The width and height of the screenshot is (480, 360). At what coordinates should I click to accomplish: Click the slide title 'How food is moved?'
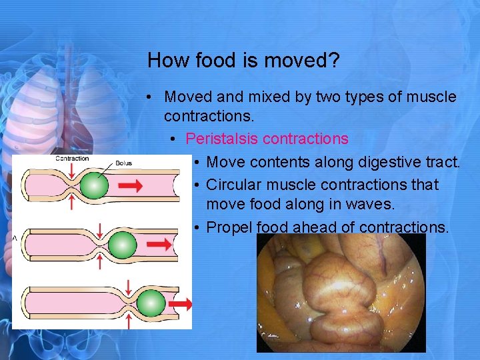(x=243, y=61)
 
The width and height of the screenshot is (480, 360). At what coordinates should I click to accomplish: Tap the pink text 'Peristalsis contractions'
(x=267, y=139)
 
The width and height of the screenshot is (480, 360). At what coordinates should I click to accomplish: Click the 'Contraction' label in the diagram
(x=72, y=159)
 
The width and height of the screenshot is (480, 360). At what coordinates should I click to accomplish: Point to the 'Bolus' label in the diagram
(x=123, y=163)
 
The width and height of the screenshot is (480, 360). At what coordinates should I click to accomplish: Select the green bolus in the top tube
(x=94, y=185)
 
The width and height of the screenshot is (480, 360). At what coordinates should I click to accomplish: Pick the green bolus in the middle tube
(x=121, y=245)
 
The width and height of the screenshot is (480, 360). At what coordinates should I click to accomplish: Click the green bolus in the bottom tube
(x=151, y=303)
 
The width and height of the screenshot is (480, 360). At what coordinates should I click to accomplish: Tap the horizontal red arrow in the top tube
(x=135, y=184)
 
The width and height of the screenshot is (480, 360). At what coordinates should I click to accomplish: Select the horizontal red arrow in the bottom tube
(x=181, y=304)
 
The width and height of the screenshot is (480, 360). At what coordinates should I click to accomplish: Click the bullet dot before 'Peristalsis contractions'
(x=173, y=139)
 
